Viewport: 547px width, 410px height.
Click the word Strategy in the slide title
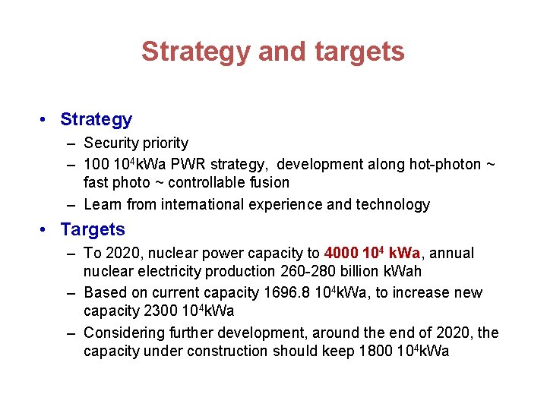click(195, 52)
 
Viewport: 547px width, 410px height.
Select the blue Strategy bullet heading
click(96, 119)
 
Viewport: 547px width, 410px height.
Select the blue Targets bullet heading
click(93, 229)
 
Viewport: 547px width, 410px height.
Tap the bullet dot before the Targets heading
click(46, 229)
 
